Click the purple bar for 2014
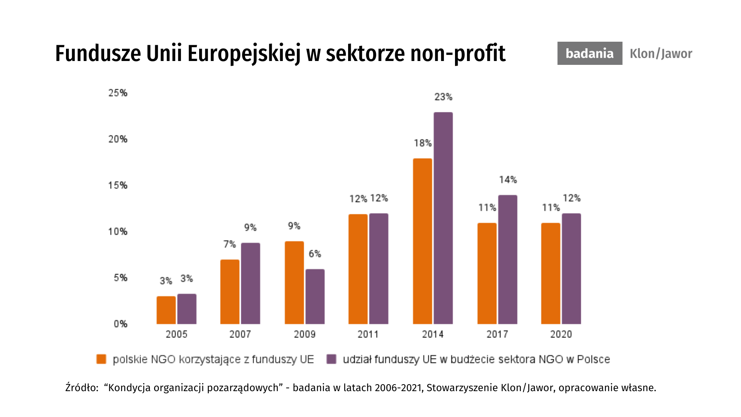pyautogui.click(x=443, y=218)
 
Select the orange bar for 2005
pyautogui.click(x=166, y=310)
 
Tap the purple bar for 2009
pyautogui.click(x=315, y=297)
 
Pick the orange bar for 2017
pyautogui.click(x=487, y=273)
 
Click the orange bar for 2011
pyautogui.click(x=358, y=269)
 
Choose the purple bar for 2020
pyautogui.click(x=571, y=269)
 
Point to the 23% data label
pyautogui.click(x=443, y=97)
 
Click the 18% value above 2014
pyautogui.click(x=423, y=143)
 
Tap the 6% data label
pyautogui.click(x=315, y=254)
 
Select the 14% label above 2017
pyautogui.click(x=508, y=180)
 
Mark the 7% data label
pyautogui.click(x=229, y=244)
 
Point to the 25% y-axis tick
pyautogui.click(x=118, y=93)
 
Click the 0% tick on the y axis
pyautogui.click(x=120, y=324)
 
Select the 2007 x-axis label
pyautogui.click(x=240, y=334)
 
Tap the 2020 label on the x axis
pyautogui.click(x=561, y=334)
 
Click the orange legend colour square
pyautogui.click(x=101, y=359)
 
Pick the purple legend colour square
pyautogui.click(x=331, y=359)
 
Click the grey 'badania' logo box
pyautogui.click(x=589, y=53)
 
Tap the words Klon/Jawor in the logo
pyautogui.click(x=661, y=54)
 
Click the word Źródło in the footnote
pyautogui.click(x=81, y=387)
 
